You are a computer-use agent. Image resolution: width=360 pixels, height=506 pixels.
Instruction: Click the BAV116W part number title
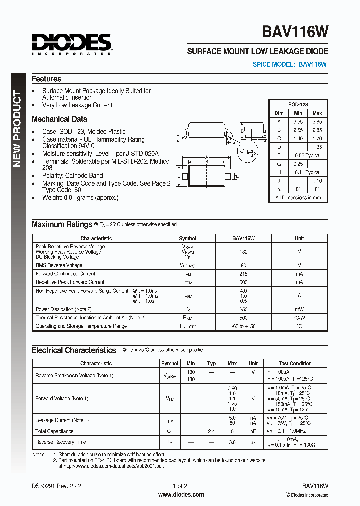click(x=295, y=32)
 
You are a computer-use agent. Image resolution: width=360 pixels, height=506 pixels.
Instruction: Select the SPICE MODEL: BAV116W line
click(x=290, y=64)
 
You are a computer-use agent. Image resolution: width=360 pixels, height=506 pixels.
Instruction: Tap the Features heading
click(x=46, y=79)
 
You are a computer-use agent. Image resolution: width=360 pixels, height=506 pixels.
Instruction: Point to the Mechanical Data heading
click(x=59, y=119)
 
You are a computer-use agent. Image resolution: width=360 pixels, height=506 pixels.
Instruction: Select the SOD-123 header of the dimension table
click(x=298, y=104)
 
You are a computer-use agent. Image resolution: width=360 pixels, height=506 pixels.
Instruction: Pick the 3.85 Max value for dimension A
click(x=317, y=121)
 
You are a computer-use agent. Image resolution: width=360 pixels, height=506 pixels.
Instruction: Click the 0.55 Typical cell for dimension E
click(x=307, y=155)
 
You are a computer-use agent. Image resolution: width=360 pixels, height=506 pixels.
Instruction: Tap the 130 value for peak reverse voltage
click(x=243, y=252)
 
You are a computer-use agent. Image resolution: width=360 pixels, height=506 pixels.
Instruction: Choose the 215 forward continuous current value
click(x=243, y=274)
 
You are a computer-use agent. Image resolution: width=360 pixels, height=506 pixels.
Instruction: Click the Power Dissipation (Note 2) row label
click(x=63, y=309)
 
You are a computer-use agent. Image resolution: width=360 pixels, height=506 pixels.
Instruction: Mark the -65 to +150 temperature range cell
click(x=243, y=326)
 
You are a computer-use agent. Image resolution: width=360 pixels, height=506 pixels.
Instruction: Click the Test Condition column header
click(x=294, y=363)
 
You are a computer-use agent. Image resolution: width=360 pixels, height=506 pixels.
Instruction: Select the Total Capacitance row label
click(x=54, y=431)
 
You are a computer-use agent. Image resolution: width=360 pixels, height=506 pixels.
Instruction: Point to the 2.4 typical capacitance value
click(x=211, y=431)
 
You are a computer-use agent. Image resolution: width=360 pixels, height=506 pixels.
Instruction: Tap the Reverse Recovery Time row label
click(x=60, y=442)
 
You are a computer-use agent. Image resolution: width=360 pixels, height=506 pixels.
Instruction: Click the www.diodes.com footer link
click(x=181, y=495)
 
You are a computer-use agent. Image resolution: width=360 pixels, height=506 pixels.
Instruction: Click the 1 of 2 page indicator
click(x=180, y=486)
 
